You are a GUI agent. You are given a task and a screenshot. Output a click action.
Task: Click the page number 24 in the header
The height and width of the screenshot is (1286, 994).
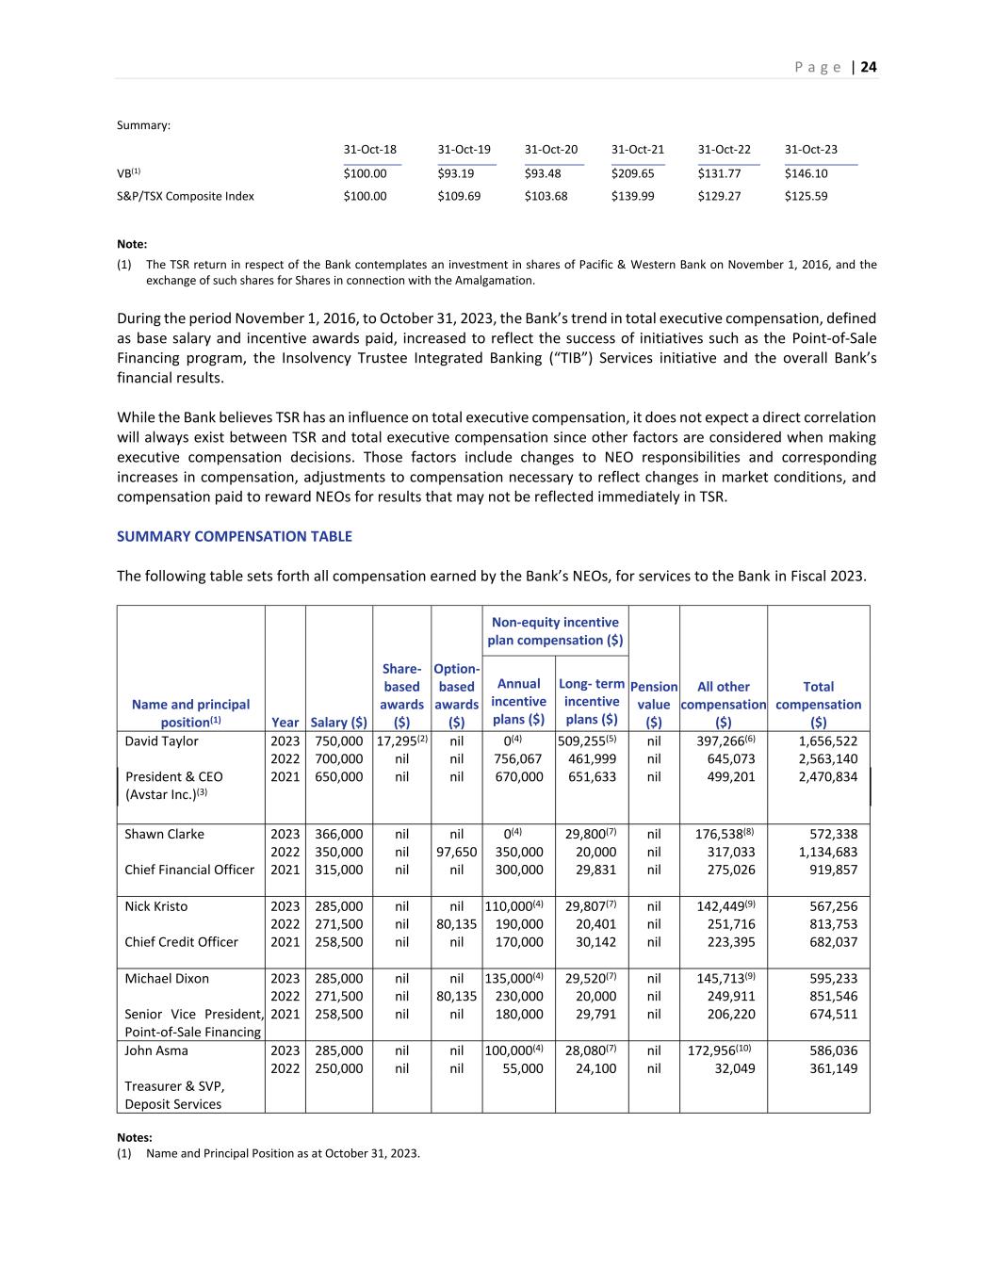(x=869, y=67)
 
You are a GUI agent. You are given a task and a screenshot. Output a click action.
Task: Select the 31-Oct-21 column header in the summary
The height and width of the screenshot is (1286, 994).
(x=638, y=149)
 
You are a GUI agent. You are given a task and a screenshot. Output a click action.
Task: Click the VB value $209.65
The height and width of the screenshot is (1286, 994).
(x=632, y=173)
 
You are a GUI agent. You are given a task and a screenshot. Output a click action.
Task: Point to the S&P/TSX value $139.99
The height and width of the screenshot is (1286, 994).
(x=632, y=196)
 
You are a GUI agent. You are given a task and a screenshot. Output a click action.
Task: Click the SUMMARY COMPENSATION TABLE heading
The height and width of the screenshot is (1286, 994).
(x=235, y=536)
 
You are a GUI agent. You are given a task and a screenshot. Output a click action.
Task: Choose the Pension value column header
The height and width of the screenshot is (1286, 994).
(x=654, y=705)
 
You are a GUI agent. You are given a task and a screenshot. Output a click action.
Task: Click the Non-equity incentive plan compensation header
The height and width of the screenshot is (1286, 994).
(x=555, y=631)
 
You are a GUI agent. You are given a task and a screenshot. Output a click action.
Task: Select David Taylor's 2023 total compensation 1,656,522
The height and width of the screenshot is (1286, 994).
(x=828, y=741)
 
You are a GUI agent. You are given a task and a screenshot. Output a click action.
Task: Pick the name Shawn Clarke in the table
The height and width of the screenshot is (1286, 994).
(x=164, y=834)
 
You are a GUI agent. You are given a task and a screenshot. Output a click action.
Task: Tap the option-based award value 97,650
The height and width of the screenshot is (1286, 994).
(x=457, y=852)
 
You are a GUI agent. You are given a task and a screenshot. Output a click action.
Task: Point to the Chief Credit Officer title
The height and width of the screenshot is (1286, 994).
(x=182, y=941)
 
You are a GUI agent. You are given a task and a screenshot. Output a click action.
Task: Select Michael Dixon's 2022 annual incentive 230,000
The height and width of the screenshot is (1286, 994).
(x=519, y=996)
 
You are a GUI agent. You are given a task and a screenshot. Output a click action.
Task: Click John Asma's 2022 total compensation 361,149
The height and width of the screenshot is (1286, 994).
(x=828, y=1068)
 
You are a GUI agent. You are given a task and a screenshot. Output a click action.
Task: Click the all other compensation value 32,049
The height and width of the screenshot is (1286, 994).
(x=735, y=1068)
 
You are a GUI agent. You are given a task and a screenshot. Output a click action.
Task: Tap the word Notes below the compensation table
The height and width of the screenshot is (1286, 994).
(x=135, y=1137)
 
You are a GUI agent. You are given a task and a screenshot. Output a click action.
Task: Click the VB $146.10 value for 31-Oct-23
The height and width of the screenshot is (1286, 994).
(x=807, y=173)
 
